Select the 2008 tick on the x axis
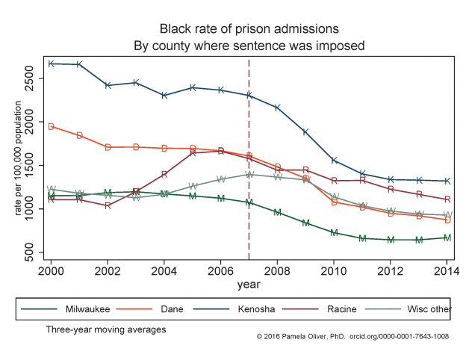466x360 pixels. tap(277, 271)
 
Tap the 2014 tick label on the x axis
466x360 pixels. tap(447, 271)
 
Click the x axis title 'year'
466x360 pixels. tap(249, 284)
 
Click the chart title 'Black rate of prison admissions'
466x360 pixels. tap(249, 29)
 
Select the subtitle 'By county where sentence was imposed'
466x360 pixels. tap(249, 45)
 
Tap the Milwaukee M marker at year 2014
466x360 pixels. tap(447, 238)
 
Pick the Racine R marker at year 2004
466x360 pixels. tap(164, 174)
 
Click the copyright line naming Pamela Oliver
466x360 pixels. tap(352, 337)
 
